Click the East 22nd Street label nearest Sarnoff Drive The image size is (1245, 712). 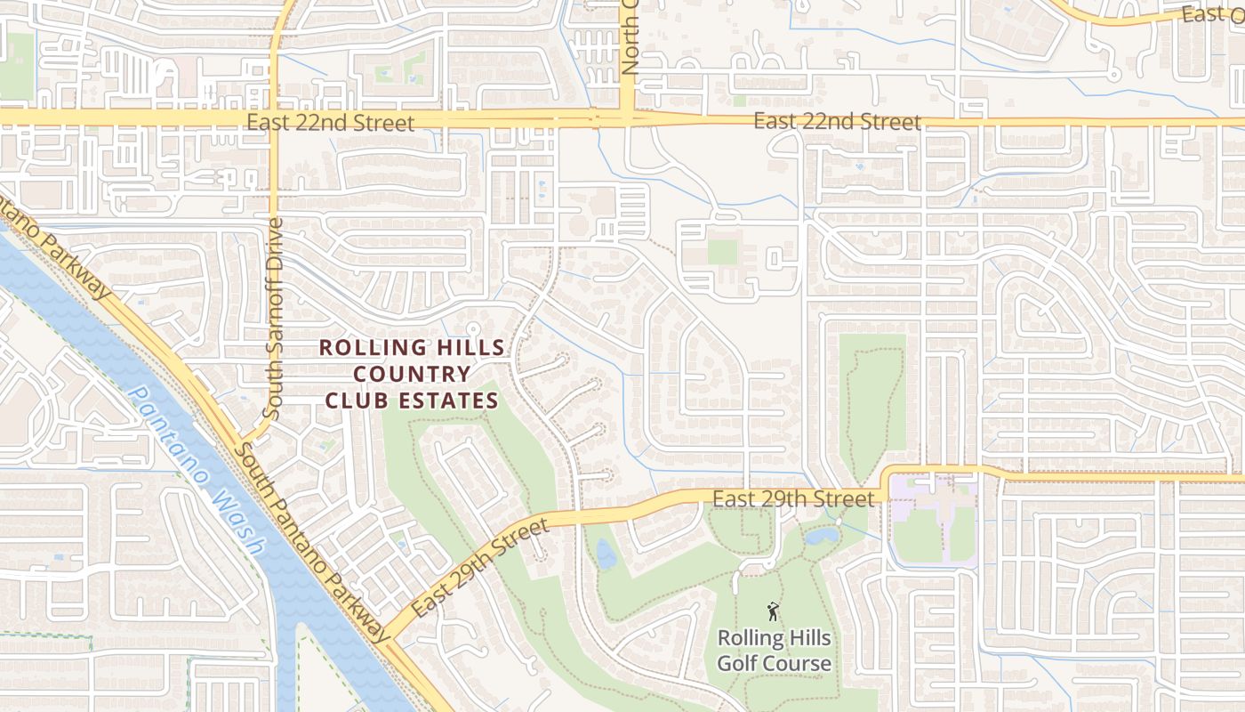tap(330, 123)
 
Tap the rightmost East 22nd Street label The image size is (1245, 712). tap(837, 121)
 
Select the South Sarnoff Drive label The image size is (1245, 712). tap(275, 318)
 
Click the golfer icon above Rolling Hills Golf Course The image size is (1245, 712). tap(773, 611)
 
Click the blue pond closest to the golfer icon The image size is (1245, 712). tap(822, 536)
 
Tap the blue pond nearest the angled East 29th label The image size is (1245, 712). tap(606, 554)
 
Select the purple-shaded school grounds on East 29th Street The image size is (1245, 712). tap(934, 522)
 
